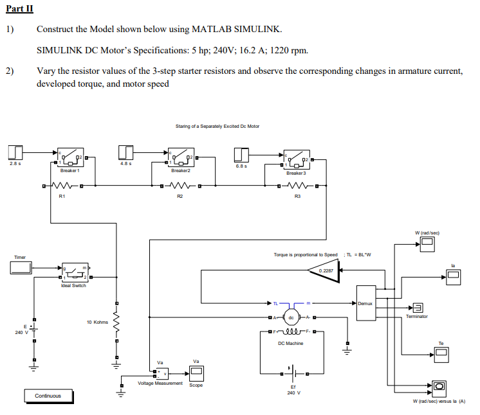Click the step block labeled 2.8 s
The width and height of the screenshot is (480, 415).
coord(15,152)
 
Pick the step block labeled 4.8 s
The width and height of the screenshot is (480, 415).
coord(126,152)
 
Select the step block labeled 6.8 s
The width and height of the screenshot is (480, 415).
coord(241,154)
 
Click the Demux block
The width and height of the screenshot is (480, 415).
coord(365,303)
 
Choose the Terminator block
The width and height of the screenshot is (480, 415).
coord(418,306)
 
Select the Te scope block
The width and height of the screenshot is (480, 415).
coord(441,353)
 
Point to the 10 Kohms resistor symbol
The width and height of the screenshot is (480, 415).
coord(116,321)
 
